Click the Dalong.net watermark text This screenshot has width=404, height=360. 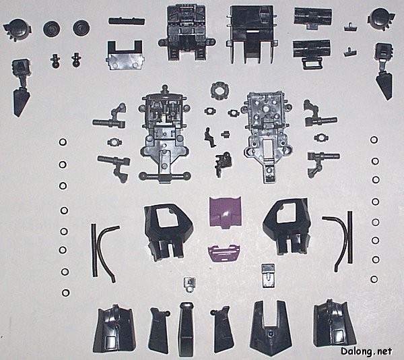pos(366,351)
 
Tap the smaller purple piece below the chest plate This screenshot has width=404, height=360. pos(224,253)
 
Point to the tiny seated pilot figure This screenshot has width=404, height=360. pos(210,137)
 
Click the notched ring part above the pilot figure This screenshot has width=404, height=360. pos(220,90)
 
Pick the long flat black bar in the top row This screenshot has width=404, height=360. pos(127,21)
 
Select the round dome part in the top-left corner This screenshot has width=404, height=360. pos(17,29)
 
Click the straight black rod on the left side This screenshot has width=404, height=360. pos(95,250)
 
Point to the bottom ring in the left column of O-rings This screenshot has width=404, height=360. pos(66,293)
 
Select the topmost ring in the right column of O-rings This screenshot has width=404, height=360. pos(374,140)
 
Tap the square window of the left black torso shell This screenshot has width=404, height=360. pos(168,218)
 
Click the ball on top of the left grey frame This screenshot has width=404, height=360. pos(165,88)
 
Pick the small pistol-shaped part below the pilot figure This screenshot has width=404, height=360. pos(222,163)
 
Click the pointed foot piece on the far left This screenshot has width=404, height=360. pos(21,88)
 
